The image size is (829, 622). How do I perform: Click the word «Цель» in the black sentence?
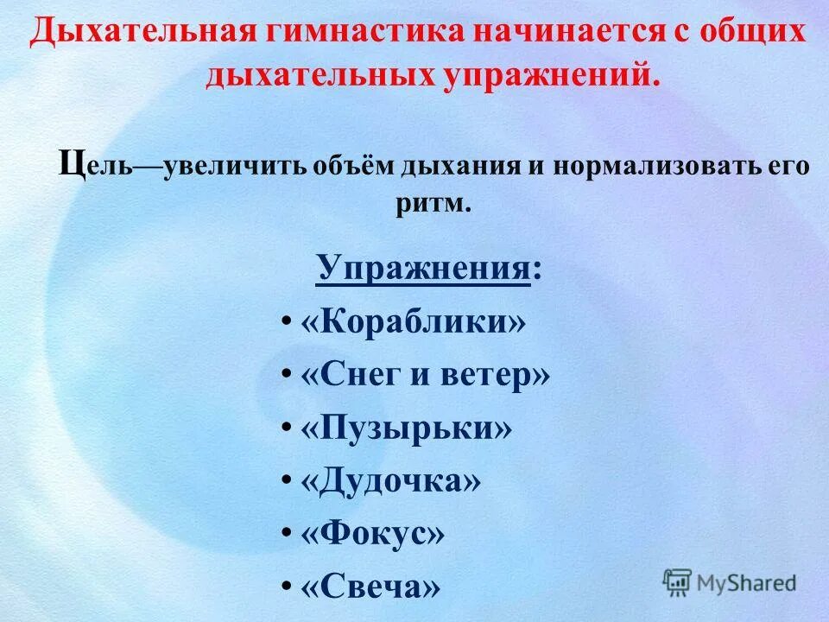click(x=95, y=164)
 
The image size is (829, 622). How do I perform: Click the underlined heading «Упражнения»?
click(x=423, y=269)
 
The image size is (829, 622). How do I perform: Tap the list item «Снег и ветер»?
click(x=425, y=376)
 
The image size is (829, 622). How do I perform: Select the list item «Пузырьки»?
click(x=406, y=428)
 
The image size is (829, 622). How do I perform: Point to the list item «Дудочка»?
click(x=390, y=481)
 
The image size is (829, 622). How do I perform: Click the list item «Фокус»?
click(x=373, y=534)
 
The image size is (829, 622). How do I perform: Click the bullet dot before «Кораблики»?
click(x=285, y=324)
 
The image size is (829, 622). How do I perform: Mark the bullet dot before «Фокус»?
click(x=285, y=535)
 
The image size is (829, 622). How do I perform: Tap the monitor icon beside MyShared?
click(x=678, y=581)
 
